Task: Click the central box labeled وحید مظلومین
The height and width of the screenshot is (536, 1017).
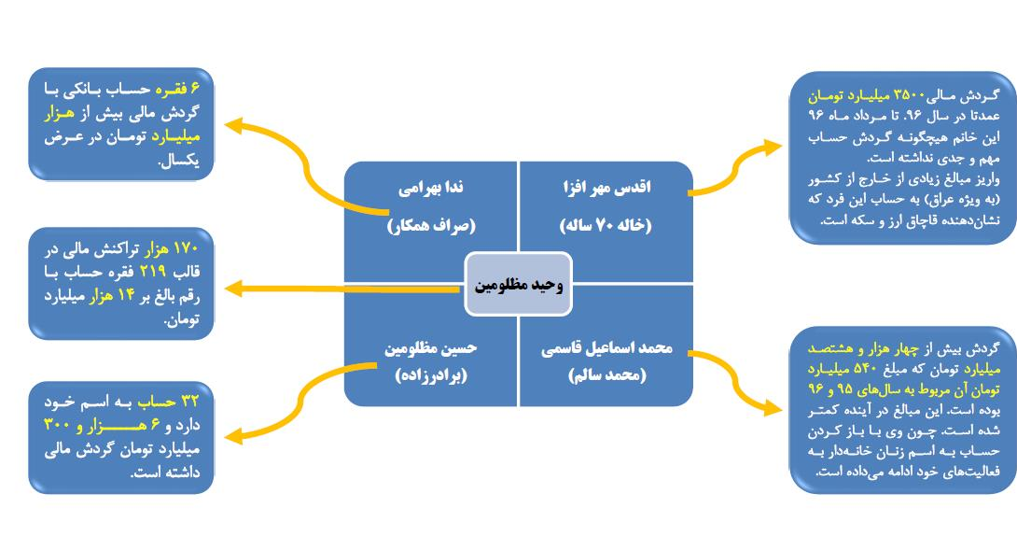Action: pyautogui.click(x=518, y=284)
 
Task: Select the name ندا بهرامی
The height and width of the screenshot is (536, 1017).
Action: pyautogui.click(x=431, y=188)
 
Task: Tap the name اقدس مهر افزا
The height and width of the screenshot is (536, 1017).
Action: pyautogui.click(x=606, y=188)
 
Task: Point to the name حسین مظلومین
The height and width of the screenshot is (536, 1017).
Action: pyautogui.click(x=431, y=348)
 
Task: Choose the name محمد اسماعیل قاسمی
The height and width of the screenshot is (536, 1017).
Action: pyautogui.click(x=606, y=348)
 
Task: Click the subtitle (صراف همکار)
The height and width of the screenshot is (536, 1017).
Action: pyautogui.click(x=431, y=225)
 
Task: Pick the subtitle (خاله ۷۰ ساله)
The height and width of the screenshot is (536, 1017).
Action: pyautogui.click(x=606, y=225)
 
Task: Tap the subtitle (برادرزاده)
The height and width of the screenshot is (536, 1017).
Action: pyautogui.click(x=431, y=375)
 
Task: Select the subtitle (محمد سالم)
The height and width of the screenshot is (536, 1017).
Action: pyautogui.click(x=607, y=375)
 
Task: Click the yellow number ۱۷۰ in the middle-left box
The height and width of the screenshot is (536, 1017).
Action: pyautogui.click(x=187, y=247)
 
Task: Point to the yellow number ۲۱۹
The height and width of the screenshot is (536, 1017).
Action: pyautogui.click(x=153, y=271)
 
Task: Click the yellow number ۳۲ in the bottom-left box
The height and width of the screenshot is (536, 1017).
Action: pyautogui.click(x=189, y=402)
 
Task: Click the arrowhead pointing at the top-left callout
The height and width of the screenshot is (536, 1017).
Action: pyautogui.click(x=233, y=125)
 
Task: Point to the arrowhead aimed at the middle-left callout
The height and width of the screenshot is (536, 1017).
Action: pyautogui.click(x=233, y=289)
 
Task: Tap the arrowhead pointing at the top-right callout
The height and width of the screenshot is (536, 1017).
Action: pyautogui.click(x=773, y=148)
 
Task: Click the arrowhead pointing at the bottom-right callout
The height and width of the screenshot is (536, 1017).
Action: pyautogui.click(x=773, y=407)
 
